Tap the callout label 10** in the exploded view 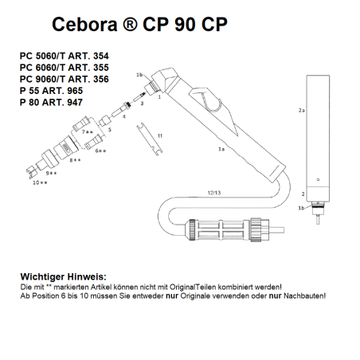40,182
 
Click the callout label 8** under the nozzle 76,160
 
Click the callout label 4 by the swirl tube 123,116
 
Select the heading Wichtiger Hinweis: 61,275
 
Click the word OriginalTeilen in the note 215,285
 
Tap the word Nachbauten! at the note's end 303,295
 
